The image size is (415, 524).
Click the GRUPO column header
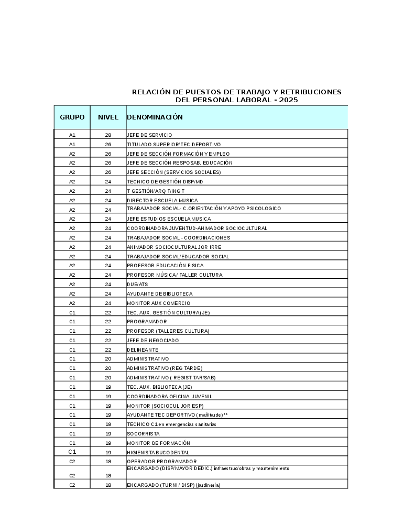72,117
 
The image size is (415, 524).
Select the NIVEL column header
108,117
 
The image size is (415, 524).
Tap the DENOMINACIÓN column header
155,117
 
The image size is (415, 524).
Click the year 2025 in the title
288,100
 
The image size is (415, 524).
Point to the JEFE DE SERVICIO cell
149,135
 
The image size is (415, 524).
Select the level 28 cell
108,135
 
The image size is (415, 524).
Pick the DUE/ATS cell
137,285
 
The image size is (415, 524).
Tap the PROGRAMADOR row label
147,322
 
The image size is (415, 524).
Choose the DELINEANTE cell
143,350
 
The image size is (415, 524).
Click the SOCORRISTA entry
143,434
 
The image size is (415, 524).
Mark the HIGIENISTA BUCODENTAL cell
158,453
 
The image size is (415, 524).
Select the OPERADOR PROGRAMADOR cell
161,462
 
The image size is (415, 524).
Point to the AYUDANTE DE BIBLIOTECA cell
160,294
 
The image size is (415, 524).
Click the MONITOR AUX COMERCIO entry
159,303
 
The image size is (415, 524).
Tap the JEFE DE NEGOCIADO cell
153,341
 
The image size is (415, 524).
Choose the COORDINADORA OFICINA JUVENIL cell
169,397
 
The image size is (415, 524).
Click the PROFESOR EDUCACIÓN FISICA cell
165,266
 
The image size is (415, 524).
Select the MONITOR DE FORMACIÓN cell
158,443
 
